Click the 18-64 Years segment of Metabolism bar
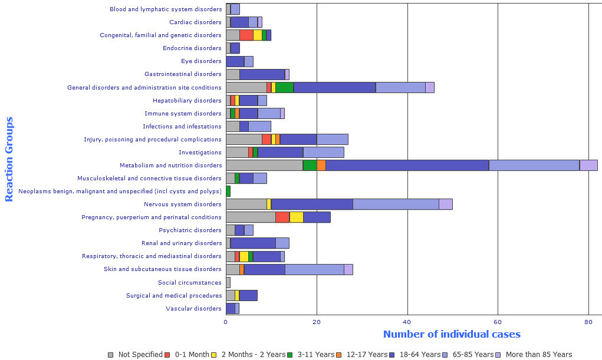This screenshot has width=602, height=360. (x=407, y=165)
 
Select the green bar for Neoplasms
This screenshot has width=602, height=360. (x=228, y=191)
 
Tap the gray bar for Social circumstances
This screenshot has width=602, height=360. (x=228, y=282)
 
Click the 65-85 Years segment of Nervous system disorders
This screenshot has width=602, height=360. (x=396, y=204)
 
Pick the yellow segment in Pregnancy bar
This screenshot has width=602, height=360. (x=296, y=217)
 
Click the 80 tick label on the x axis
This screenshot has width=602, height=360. (x=588, y=321)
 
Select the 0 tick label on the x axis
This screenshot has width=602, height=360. (x=226, y=321)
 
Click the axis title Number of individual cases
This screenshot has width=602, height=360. (x=452, y=334)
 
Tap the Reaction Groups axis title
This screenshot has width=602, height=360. (x=9, y=159)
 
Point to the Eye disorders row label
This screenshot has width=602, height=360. (x=201, y=61)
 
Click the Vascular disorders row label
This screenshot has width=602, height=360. (x=193, y=308)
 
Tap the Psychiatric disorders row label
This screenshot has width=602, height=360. (x=190, y=230)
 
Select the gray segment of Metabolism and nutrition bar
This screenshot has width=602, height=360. (x=264, y=165)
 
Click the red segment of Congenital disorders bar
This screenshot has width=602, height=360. (x=246, y=35)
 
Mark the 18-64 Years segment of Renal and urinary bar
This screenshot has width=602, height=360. (x=253, y=243)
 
